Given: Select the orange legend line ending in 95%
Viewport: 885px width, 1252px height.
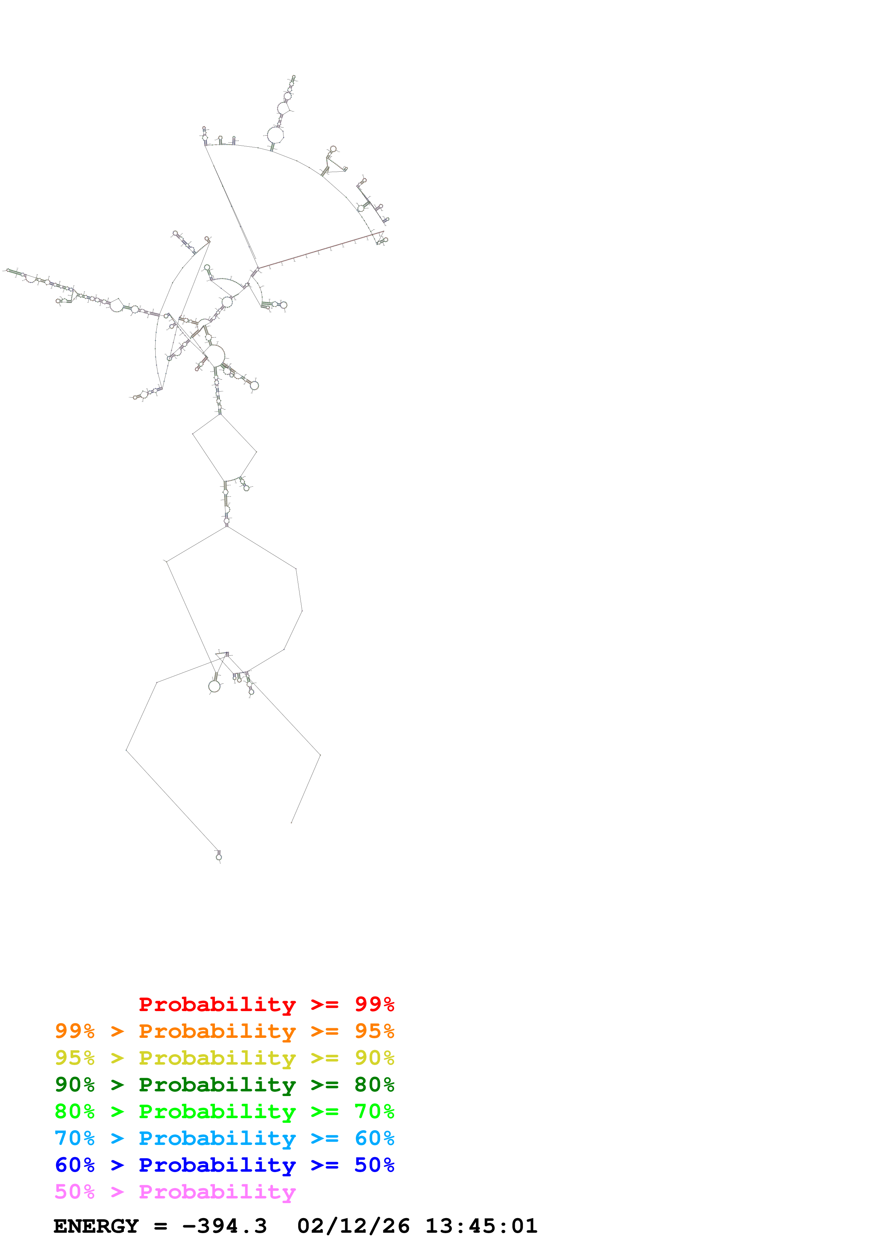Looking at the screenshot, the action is [224, 1031].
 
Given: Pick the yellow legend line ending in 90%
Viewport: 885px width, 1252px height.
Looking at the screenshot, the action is [224, 1058].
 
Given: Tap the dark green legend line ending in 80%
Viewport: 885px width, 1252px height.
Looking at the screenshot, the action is [224, 1085].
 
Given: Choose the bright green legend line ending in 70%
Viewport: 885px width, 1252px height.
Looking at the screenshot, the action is [224, 1111].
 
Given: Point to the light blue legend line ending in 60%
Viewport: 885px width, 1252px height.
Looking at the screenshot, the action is [224, 1138].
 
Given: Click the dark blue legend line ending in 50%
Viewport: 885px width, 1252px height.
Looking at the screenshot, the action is [224, 1165].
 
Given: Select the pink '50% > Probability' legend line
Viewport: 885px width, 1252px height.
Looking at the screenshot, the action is [175, 1191].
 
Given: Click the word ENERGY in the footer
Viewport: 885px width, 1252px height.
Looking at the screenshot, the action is [96, 1226].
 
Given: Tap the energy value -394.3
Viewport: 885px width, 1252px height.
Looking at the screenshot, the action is [224, 1226].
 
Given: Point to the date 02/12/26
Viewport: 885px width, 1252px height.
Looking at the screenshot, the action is [353, 1226].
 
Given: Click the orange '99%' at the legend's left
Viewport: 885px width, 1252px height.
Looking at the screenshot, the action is [75, 1031].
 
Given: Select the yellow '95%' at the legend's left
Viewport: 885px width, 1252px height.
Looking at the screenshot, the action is [75, 1058].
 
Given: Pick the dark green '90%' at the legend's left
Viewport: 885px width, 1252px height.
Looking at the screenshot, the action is [75, 1085].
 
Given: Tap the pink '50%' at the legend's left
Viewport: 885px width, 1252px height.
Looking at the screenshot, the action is [75, 1191].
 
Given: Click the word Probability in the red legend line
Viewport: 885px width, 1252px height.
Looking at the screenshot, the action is [217, 1004].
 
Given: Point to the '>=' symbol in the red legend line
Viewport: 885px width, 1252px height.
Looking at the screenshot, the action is [325, 1004].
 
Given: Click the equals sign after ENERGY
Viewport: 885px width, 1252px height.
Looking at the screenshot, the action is [160, 1226].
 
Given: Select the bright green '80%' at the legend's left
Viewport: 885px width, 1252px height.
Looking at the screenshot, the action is [75, 1111].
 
